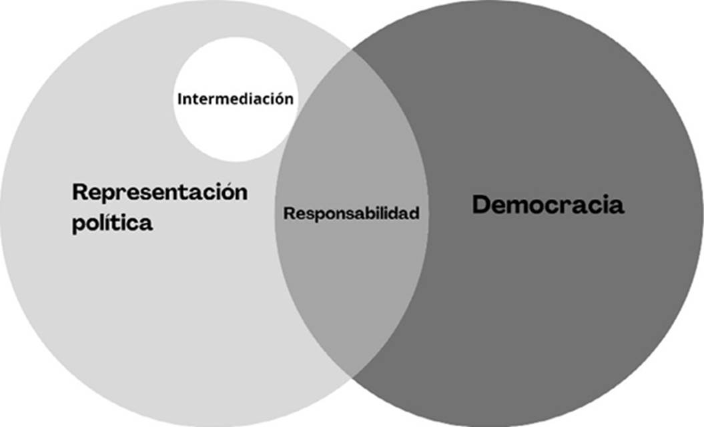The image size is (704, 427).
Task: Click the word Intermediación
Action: [x=235, y=99]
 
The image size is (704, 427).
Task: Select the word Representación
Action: [x=159, y=192]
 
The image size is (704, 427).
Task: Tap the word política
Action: [x=112, y=223]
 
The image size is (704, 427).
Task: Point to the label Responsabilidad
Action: [x=352, y=213]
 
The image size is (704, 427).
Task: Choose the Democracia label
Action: [x=548, y=205]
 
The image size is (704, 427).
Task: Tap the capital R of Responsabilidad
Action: [x=289, y=213]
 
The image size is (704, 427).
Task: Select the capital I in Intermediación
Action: [x=180, y=99]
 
